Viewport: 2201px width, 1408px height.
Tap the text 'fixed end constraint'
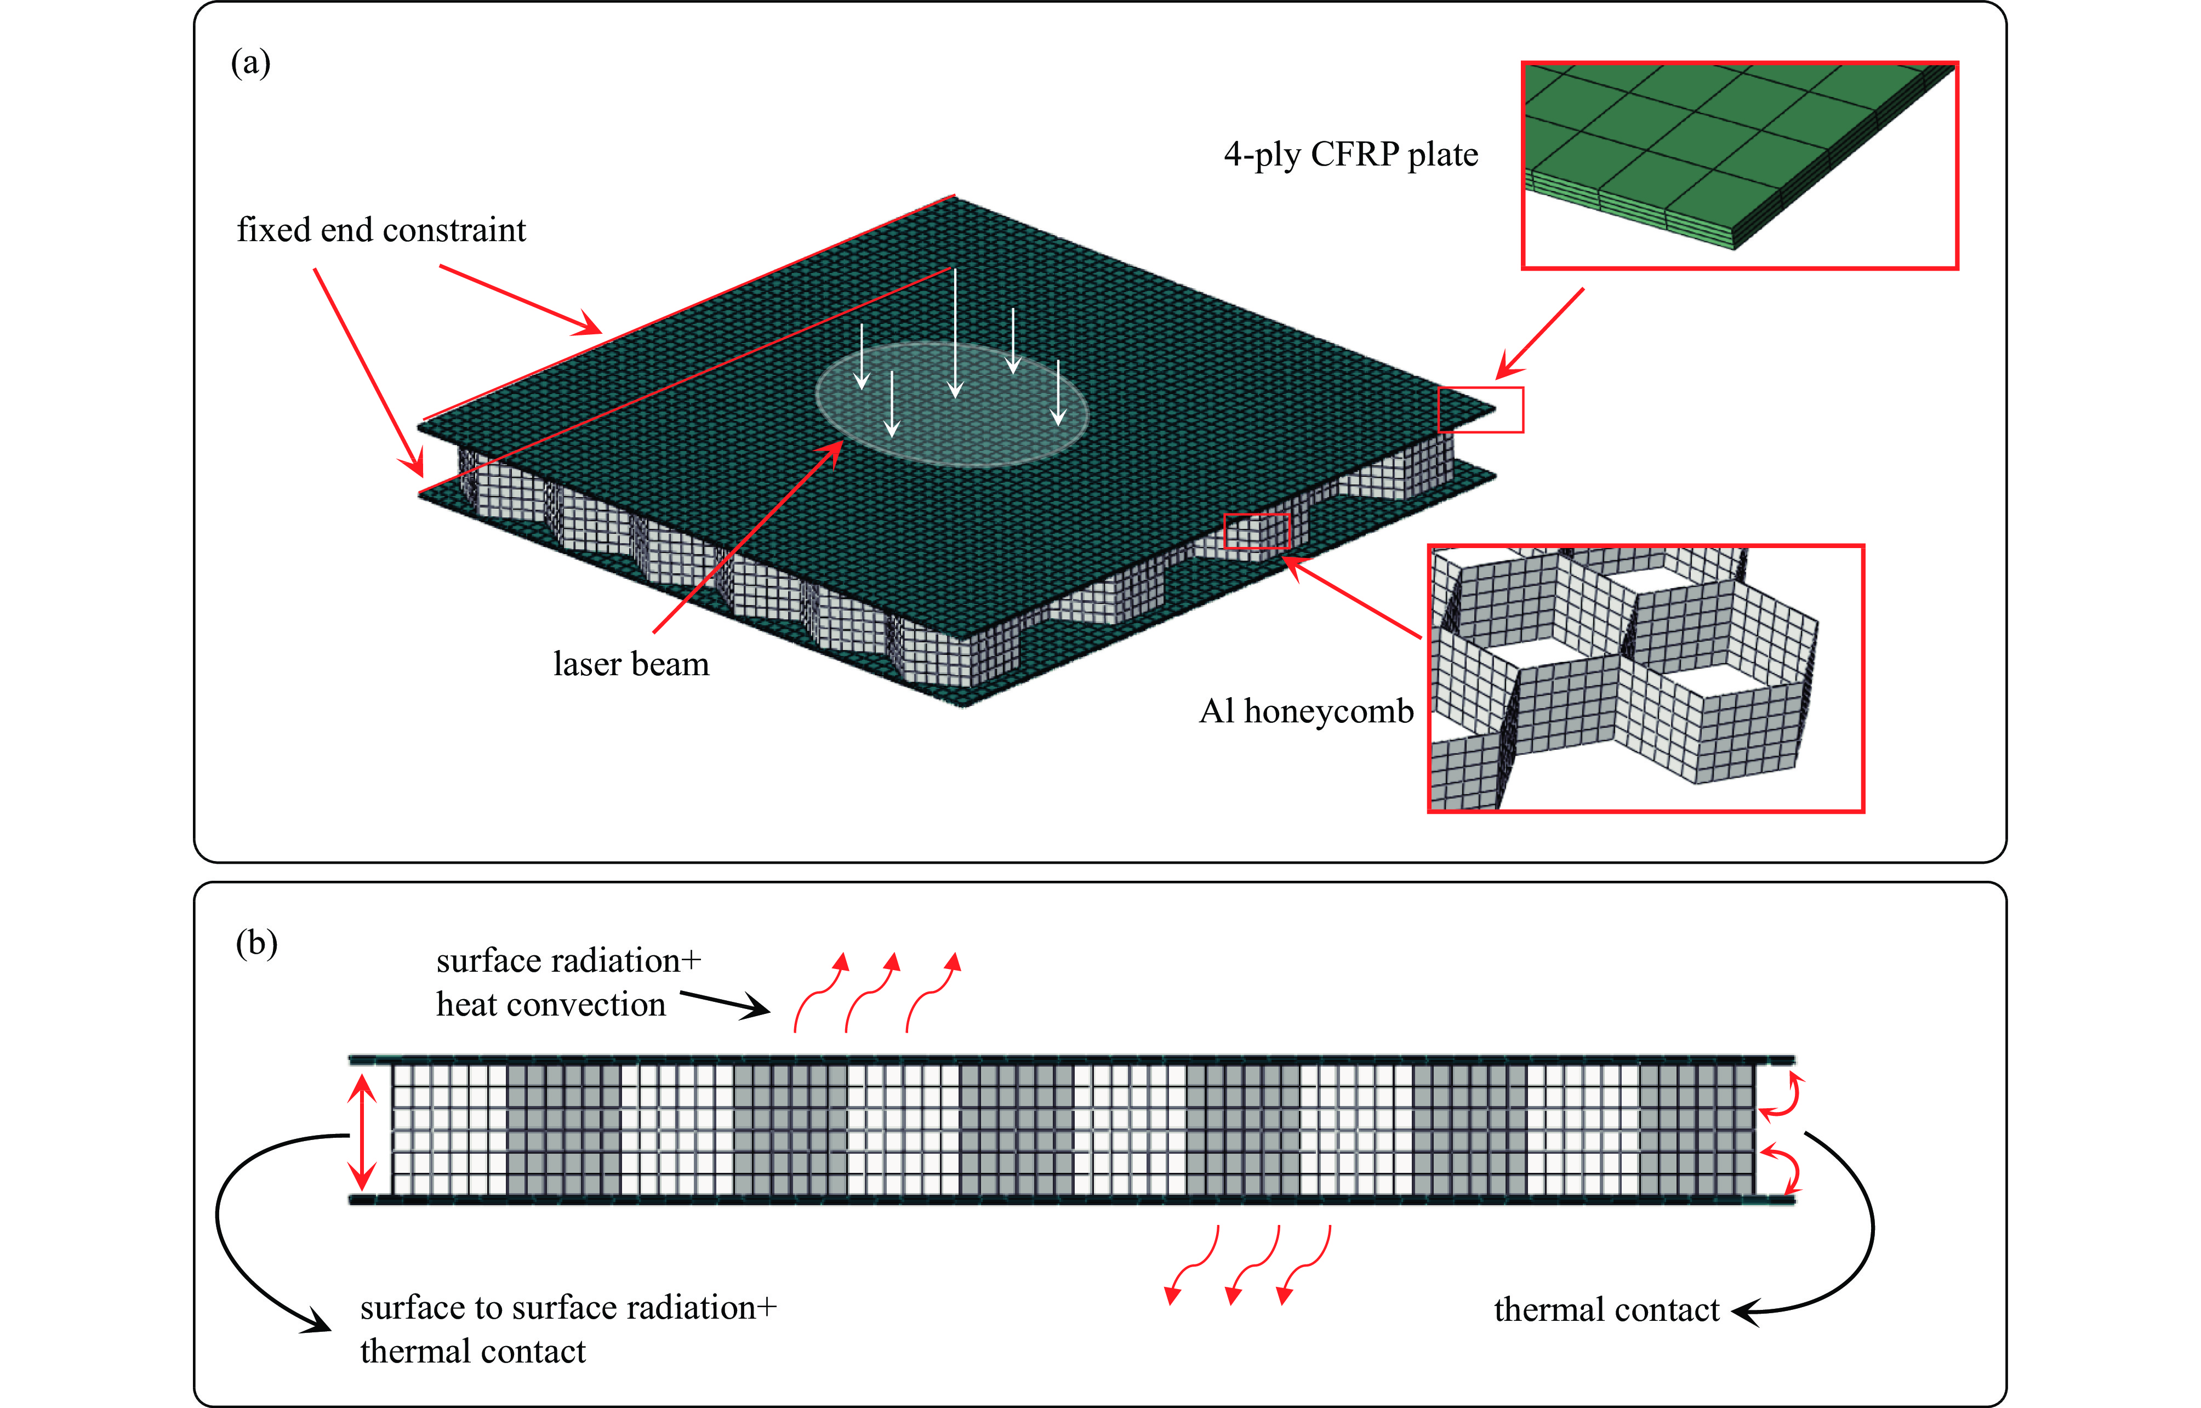tap(381, 230)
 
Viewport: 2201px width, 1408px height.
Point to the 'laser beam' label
tap(631, 664)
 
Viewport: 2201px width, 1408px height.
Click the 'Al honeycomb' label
tap(1305, 711)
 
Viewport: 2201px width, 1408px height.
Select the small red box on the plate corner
tap(1480, 409)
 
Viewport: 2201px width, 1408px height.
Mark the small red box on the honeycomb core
tap(1256, 531)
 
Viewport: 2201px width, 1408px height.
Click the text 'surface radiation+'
tap(568, 961)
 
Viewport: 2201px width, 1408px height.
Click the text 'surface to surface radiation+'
tap(568, 1308)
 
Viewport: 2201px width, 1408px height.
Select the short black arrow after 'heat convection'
tap(726, 1004)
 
